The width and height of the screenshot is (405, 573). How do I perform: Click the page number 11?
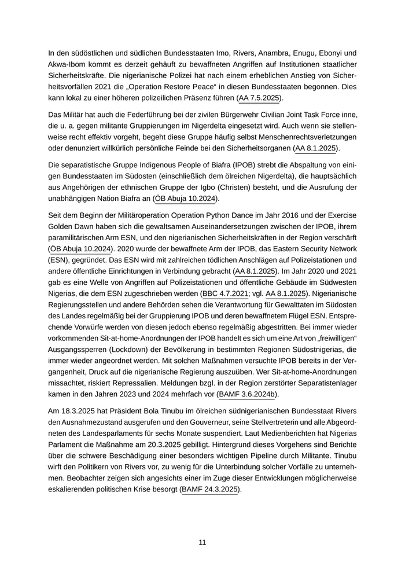tap(203, 542)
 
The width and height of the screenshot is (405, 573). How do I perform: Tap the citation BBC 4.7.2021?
tap(225, 293)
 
